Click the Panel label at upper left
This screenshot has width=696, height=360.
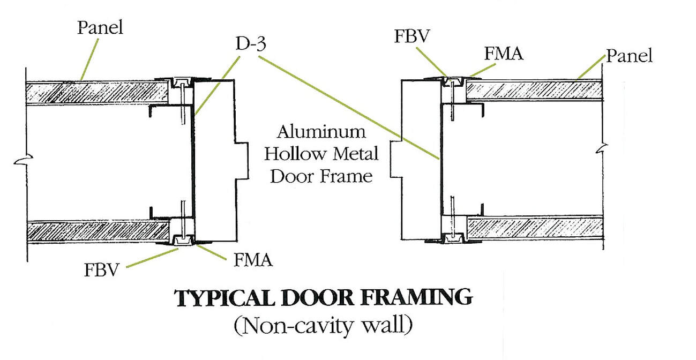point(100,27)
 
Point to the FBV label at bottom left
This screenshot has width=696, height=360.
point(101,268)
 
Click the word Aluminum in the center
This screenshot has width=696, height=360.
point(321,132)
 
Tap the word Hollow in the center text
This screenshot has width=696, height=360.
point(293,154)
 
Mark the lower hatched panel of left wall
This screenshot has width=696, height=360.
point(96,231)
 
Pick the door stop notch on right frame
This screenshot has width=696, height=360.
point(397,159)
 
